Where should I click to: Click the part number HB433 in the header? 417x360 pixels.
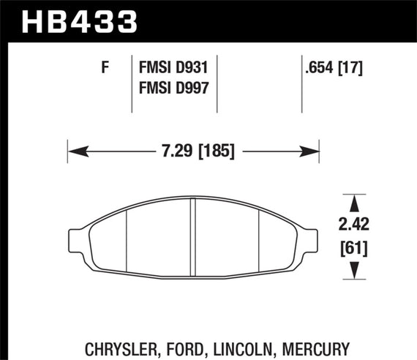(80, 20)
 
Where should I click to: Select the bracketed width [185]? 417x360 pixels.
(213, 152)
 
